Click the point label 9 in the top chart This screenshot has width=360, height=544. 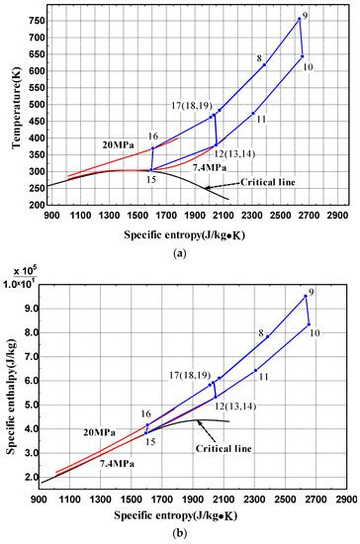click(x=306, y=15)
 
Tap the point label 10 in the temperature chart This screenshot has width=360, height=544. click(x=309, y=67)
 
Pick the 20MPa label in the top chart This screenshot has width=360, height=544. click(x=118, y=144)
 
